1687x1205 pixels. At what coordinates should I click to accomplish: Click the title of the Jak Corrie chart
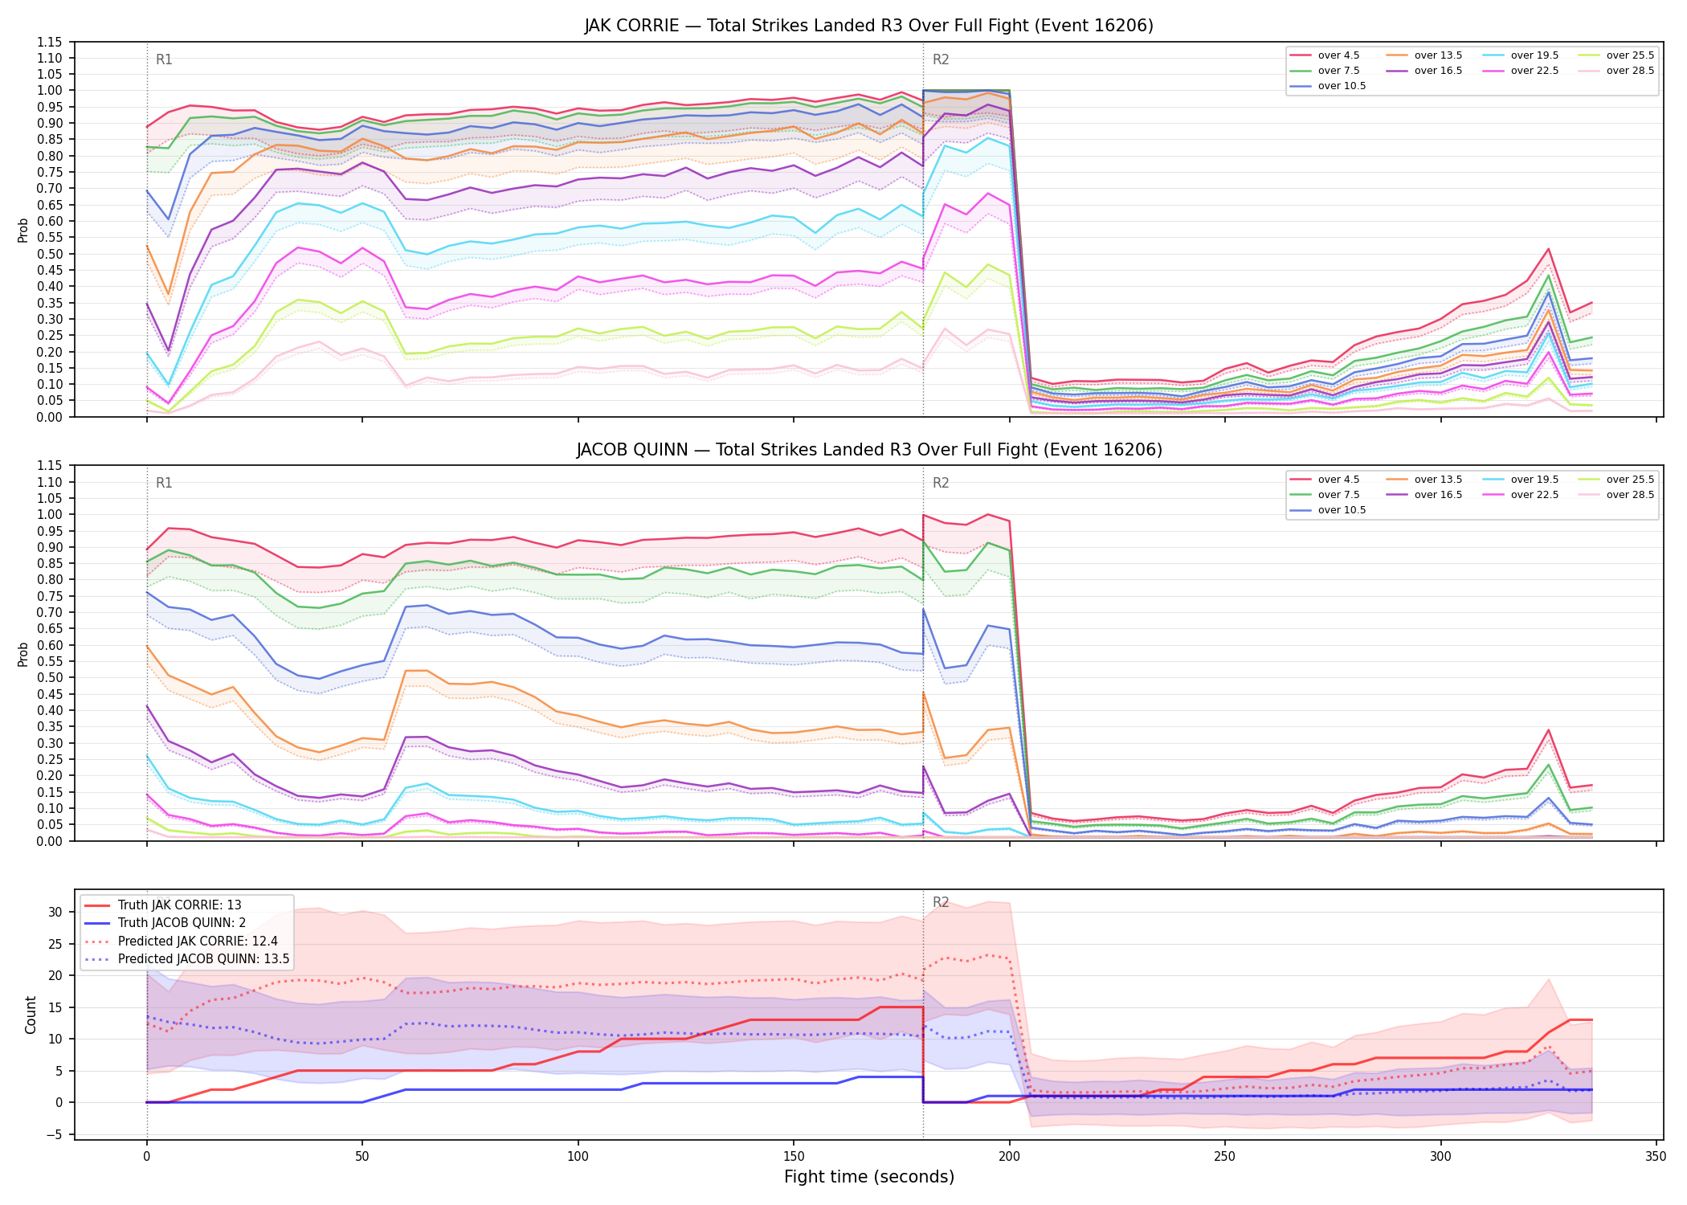868,26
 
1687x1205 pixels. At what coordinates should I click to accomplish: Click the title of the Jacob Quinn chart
869,450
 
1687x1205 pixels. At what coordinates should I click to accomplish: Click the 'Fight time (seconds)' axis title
869,1177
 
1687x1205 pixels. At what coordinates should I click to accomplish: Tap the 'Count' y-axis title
31,1015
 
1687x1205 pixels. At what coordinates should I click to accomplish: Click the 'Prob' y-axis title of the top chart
23,230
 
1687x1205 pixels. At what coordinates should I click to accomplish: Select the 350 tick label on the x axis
1656,1157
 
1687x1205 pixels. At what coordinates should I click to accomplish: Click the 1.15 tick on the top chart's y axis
50,42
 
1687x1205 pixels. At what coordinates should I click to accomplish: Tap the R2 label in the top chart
941,59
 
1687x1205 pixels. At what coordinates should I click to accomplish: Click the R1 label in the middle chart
164,483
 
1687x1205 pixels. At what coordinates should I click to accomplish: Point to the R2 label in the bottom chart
941,902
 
